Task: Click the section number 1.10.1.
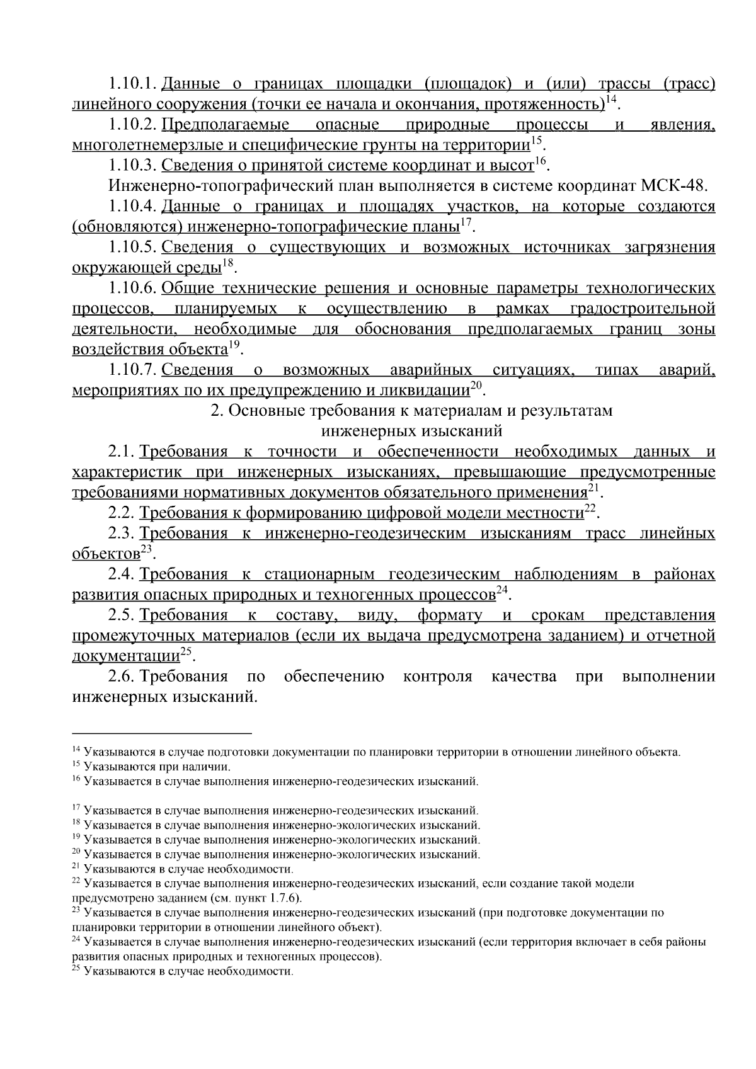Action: point(132,84)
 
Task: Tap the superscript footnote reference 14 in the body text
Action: point(610,100)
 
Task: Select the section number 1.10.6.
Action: point(132,289)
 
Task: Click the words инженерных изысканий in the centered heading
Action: point(411,432)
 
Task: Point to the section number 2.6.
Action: point(121,677)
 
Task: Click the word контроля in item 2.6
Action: point(437,677)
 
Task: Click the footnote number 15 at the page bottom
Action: point(76,765)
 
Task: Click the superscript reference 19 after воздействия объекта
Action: point(234,345)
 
